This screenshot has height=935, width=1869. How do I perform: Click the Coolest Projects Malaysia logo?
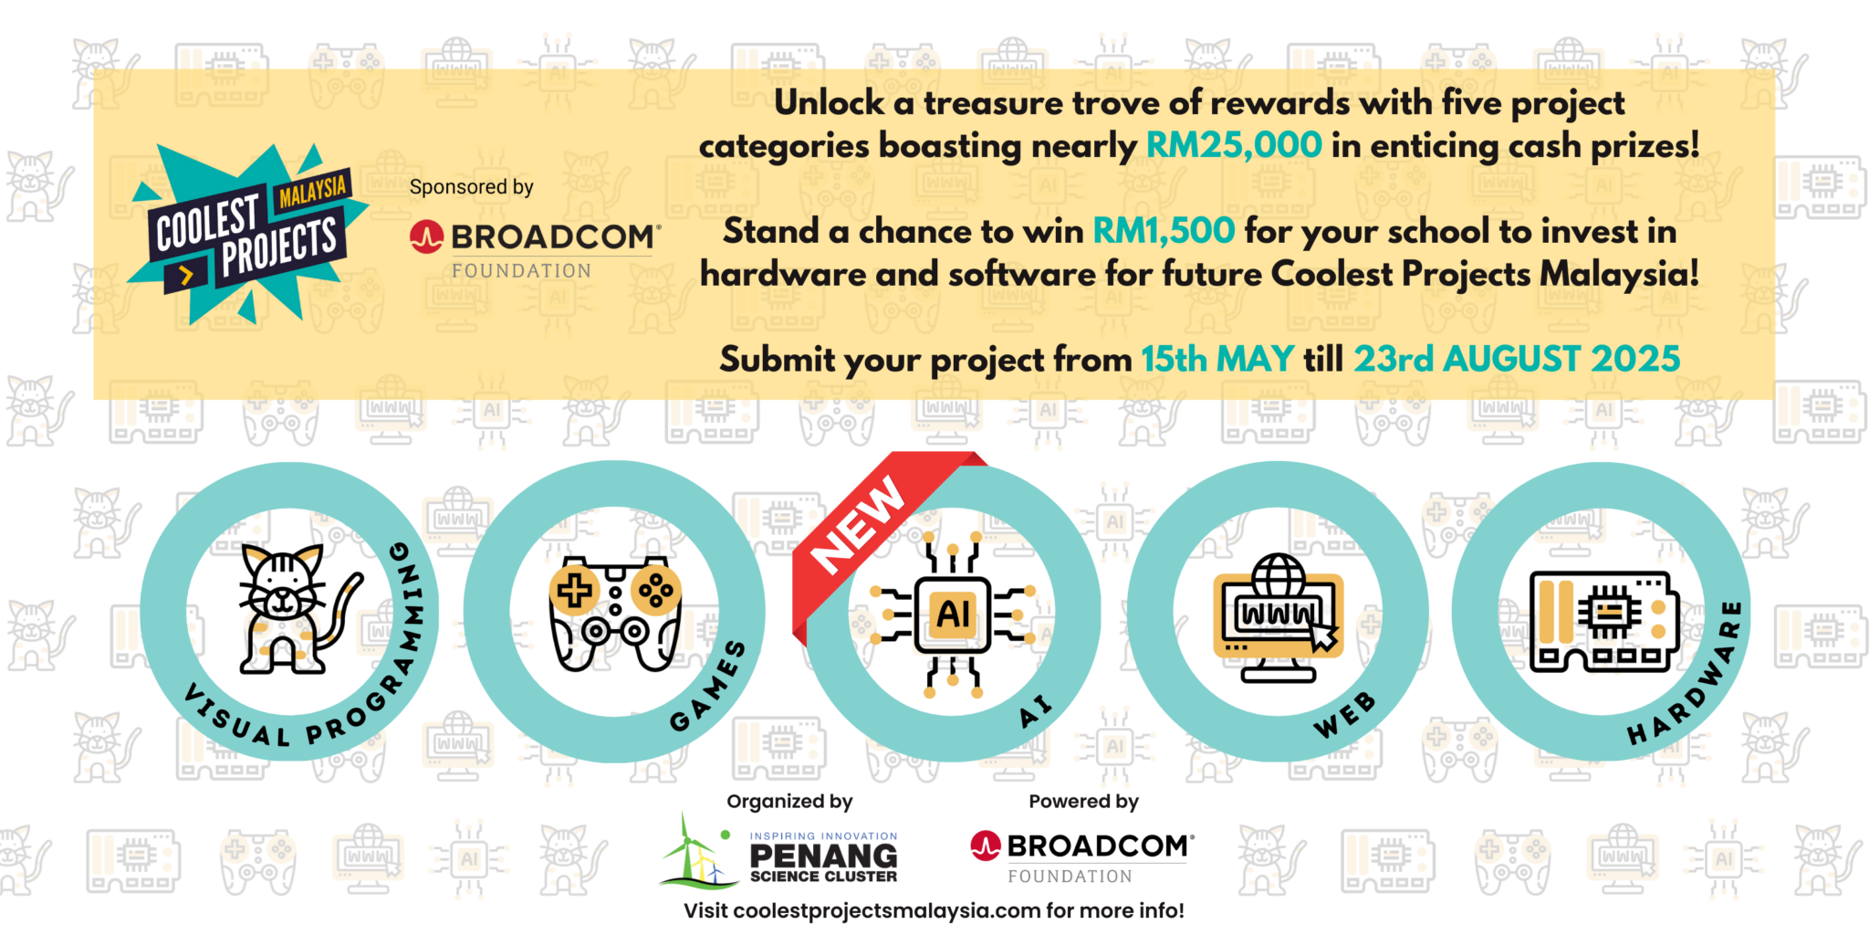[x=246, y=234]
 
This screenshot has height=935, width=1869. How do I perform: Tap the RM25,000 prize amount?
[x=1234, y=145]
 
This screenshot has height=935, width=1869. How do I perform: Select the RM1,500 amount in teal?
[x=1164, y=231]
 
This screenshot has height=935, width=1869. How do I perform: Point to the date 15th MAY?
[x=1217, y=359]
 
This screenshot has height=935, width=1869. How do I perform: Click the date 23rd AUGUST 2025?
[x=1516, y=359]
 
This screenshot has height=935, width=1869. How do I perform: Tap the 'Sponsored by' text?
[x=471, y=187]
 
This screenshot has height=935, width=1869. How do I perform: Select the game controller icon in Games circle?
[x=615, y=613]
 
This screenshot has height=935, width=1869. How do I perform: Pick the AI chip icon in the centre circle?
[x=953, y=614]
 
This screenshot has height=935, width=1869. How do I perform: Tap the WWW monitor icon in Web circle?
[x=1278, y=618]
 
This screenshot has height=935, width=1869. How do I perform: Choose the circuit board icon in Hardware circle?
[x=1603, y=621]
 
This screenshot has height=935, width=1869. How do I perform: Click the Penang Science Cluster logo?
[x=778, y=852]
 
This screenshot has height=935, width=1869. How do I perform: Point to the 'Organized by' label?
[x=789, y=802]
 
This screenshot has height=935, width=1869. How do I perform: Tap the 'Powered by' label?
[x=1083, y=802]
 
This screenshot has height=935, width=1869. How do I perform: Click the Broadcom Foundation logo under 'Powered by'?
[x=1082, y=857]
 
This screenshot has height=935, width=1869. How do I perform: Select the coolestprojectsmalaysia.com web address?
[x=887, y=910]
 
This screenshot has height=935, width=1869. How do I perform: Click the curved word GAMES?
[x=708, y=687]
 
